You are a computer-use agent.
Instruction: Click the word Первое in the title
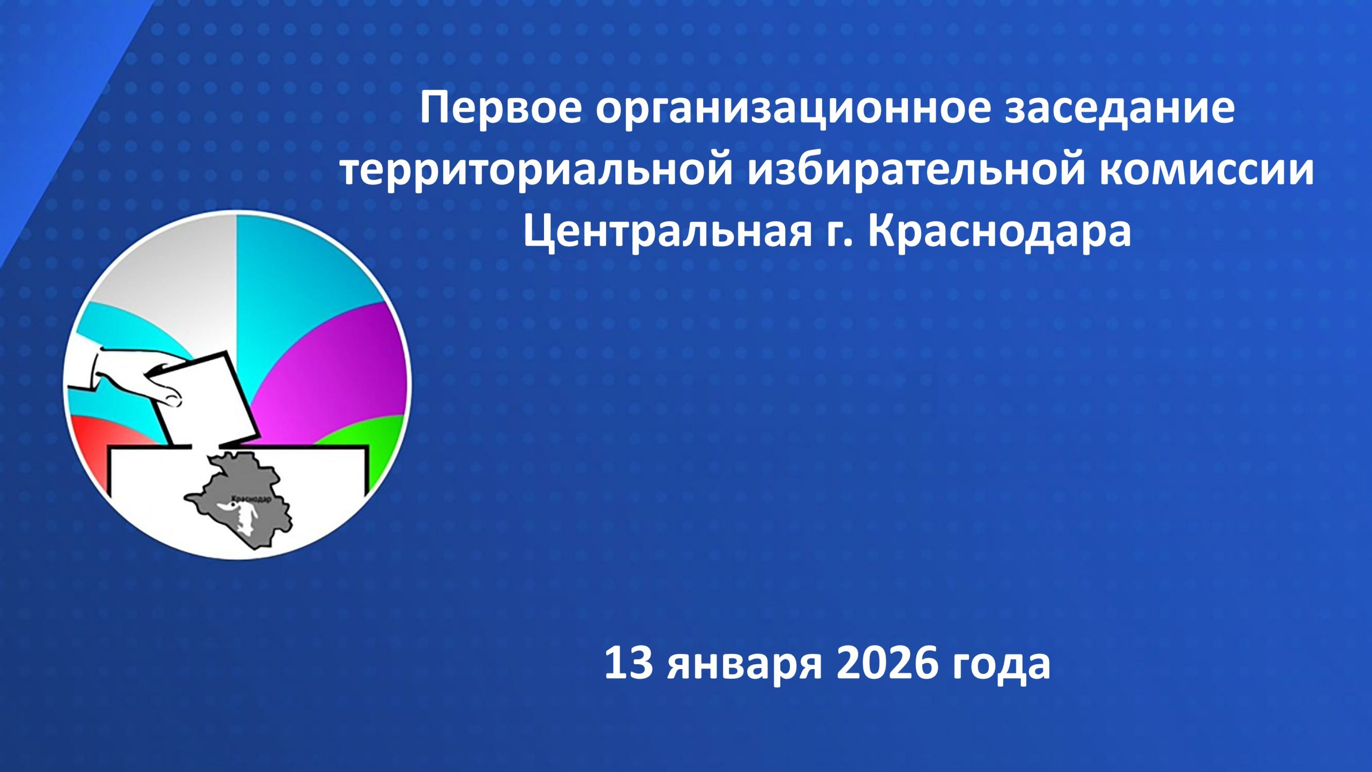coord(500,108)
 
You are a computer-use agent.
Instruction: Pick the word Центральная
coord(667,232)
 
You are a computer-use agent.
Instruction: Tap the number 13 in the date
coord(628,663)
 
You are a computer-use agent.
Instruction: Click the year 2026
coord(887,663)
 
